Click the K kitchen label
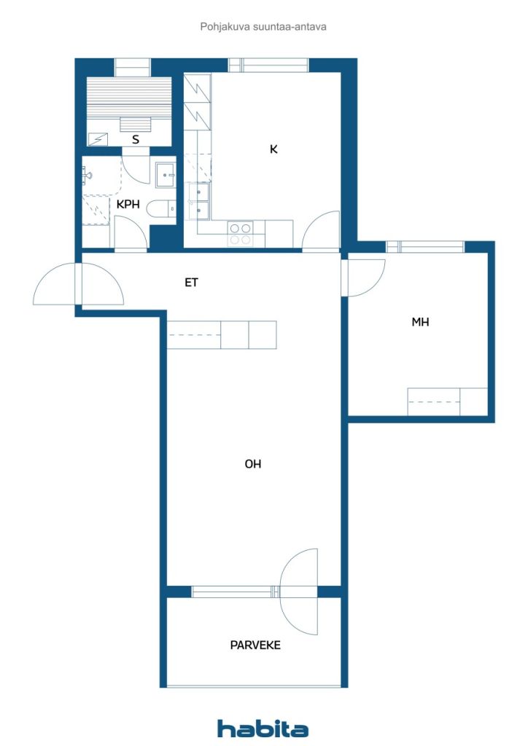[273, 149]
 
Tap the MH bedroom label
[420, 322]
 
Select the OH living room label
[253, 464]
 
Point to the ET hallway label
[191, 283]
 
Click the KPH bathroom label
[128, 204]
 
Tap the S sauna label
[136, 139]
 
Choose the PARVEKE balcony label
[255, 645]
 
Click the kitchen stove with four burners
[241, 234]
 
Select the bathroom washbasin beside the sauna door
[166, 175]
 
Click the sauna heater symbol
[97, 139]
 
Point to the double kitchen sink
[199, 202]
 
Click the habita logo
[263, 729]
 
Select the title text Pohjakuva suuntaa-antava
[263, 27]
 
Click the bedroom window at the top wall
[424, 246]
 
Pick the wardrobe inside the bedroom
[447, 402]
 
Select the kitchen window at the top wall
[268, 65]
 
